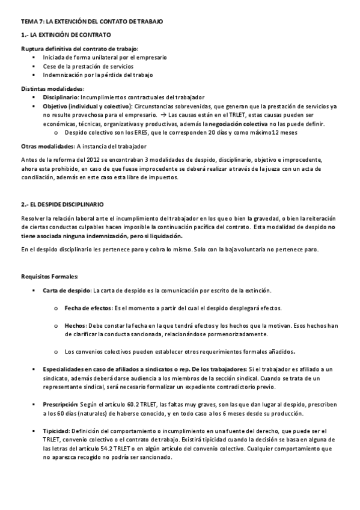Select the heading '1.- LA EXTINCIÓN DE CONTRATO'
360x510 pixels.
pos(66,35)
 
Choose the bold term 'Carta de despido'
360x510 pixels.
pos(66,290)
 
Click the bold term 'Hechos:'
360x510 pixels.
pos(76,325)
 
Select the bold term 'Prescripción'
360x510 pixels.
pos(61,405)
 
